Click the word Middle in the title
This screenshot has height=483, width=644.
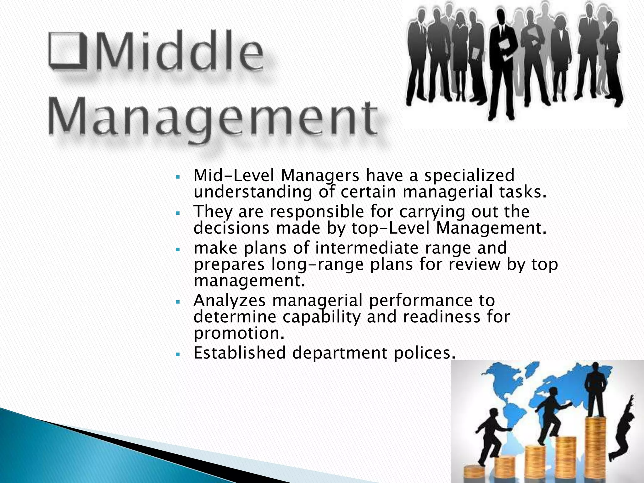[180, 53]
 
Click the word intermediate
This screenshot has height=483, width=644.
[367, 248]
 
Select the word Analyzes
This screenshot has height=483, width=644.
[230, 300]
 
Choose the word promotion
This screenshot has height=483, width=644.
[239, 333]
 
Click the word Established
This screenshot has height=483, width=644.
[239, 353]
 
